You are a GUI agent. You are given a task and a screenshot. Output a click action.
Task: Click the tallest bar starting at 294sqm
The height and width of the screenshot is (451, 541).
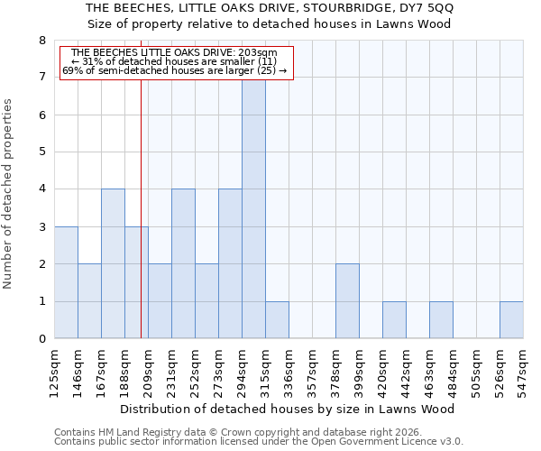253,207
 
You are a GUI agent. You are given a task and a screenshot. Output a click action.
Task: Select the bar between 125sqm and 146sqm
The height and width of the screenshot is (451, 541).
66,282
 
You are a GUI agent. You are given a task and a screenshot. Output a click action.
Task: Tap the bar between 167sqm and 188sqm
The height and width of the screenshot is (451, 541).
113,263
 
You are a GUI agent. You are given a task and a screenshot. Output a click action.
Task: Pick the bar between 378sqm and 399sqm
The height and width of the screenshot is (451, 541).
347,301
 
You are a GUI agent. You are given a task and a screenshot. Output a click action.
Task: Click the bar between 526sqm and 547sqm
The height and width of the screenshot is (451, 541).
511,320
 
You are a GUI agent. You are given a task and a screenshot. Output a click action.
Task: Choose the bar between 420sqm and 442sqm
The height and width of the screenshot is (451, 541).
394,320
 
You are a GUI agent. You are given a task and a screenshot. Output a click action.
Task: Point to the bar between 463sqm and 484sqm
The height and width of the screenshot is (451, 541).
441,320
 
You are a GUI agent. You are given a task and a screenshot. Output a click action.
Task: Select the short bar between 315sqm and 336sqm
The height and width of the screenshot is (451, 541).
277,320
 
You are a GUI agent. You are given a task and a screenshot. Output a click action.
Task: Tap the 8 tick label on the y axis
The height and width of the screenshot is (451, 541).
41,41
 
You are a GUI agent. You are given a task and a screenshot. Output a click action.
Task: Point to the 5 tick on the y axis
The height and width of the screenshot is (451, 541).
41,152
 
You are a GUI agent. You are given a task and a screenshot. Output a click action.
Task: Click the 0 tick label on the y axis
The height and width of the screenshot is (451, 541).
41,339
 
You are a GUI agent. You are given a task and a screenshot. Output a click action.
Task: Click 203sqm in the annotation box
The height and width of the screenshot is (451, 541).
261,53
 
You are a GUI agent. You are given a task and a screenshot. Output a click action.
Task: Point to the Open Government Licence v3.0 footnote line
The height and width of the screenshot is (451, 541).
259,442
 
